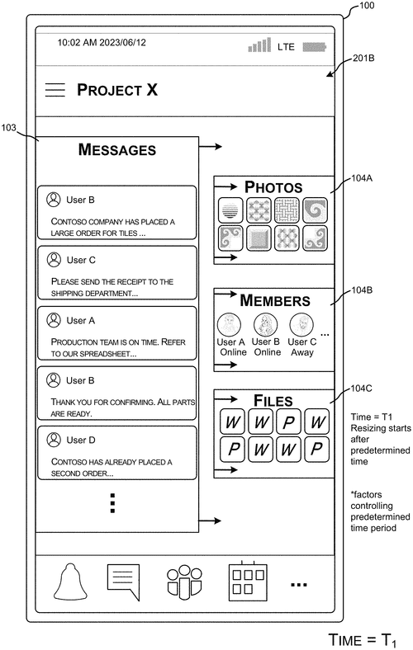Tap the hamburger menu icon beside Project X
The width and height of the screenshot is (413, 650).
55,90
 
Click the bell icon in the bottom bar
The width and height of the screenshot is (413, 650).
70,582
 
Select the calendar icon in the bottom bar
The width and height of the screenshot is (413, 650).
248,582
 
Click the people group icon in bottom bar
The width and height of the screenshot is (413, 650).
184,582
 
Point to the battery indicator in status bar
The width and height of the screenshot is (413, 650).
314,47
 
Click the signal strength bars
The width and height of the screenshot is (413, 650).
259,45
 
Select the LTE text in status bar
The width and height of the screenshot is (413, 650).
286,47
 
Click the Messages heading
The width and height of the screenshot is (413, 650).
117,149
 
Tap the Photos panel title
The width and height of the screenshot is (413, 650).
273,187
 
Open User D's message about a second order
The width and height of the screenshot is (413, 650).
117,453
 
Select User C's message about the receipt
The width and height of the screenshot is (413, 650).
117,273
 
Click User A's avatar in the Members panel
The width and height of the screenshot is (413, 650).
229,324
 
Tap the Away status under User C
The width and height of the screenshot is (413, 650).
302,352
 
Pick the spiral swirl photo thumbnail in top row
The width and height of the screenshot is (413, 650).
315,210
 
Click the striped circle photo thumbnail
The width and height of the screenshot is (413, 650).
230,210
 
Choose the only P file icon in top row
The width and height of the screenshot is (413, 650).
289,422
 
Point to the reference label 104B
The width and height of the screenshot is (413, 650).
362,290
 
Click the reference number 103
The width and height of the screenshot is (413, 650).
8,128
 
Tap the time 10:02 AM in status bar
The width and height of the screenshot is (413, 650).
77,42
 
